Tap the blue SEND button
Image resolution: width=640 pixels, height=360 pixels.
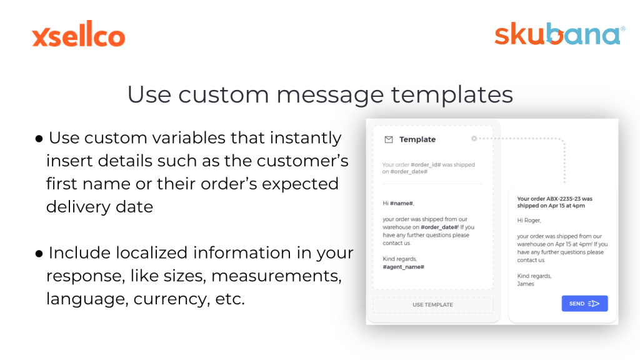[x=584, y=304]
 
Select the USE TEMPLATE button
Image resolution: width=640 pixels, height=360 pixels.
[x=432, y=305]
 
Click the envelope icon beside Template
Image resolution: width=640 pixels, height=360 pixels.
[x=389, y=139]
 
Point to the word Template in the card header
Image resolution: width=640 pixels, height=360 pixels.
[x=417, y=139]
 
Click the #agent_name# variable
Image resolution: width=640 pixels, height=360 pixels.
[x=403, y=267]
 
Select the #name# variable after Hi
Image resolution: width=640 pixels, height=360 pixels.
[x=401, y=203]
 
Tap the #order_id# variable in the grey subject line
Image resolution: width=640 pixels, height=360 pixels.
[x=426, y=165]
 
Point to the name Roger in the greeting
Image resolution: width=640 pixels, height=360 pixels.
[x=532, y=221]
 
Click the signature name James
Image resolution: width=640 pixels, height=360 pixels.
[x=525, y=284]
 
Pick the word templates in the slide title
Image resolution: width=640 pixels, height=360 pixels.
[x=452, y=95]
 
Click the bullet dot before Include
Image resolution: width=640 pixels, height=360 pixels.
[x=39, y=254]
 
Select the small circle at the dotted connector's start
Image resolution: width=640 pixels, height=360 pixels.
[x=474, y=139]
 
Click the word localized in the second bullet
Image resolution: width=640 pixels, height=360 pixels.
[x=151, y=253]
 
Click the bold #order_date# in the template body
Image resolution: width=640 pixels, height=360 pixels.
[x=439, y=227]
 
